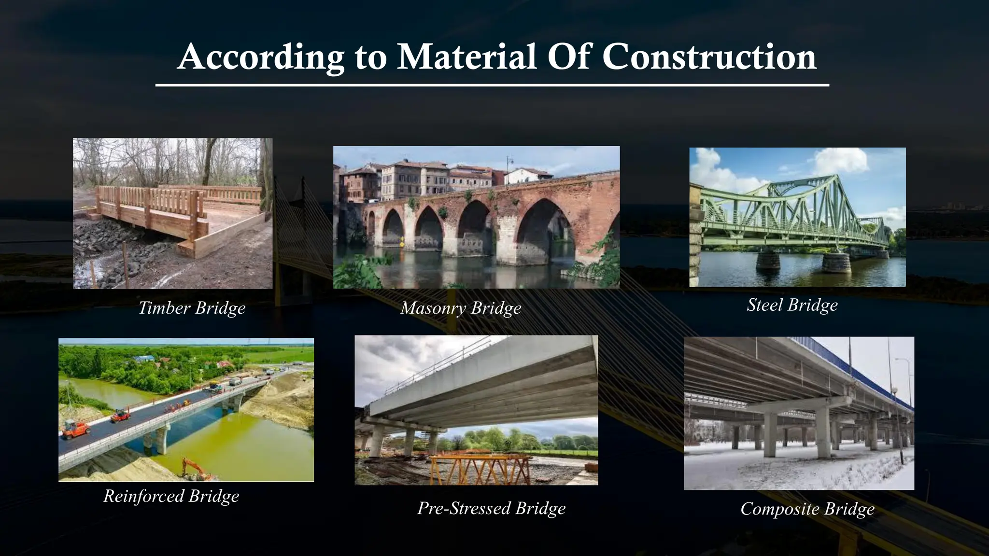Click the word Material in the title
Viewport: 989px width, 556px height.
466,57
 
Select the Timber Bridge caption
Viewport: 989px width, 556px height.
192,308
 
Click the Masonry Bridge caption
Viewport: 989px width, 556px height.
461,308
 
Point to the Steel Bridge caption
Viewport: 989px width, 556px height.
792,305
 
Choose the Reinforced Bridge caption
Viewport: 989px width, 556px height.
171,496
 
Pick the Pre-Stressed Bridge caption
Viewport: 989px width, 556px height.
491,508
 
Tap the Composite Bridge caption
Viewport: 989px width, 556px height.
807,509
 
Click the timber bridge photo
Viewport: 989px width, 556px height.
172,213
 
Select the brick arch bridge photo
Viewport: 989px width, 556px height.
476,217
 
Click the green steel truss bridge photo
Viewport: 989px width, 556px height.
797,217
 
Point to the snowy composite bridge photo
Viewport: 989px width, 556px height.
799,413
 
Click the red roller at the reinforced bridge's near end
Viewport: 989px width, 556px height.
75,429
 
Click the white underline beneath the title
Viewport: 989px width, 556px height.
492,85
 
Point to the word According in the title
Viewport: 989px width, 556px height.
261,57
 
